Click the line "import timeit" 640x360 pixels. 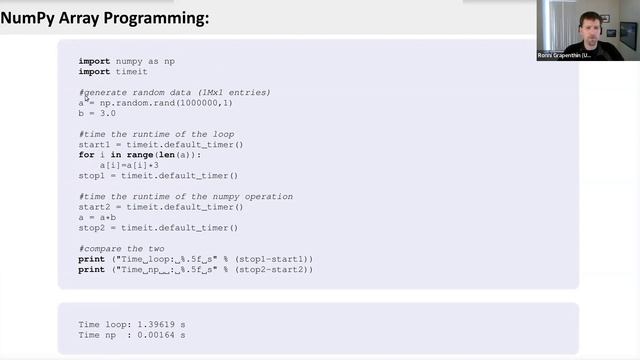[x=113, y=72]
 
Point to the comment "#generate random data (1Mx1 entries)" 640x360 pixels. [x=175, y=93]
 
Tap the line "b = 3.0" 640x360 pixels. [x=98, y=114]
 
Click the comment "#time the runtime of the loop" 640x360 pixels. [x=156, y=134]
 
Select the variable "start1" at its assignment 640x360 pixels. [x=93, y=145]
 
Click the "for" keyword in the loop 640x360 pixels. [x=86, y=155]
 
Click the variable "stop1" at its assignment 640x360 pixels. [x=91, y=176]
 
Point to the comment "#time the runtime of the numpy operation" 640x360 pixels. [x=186, y=196]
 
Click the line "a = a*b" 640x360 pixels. [x=98, y=217]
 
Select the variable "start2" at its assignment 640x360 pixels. [x=93, y=207]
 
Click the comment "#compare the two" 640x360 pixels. [x=121, y=248]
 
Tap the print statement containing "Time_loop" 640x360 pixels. [x=195, y=259]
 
